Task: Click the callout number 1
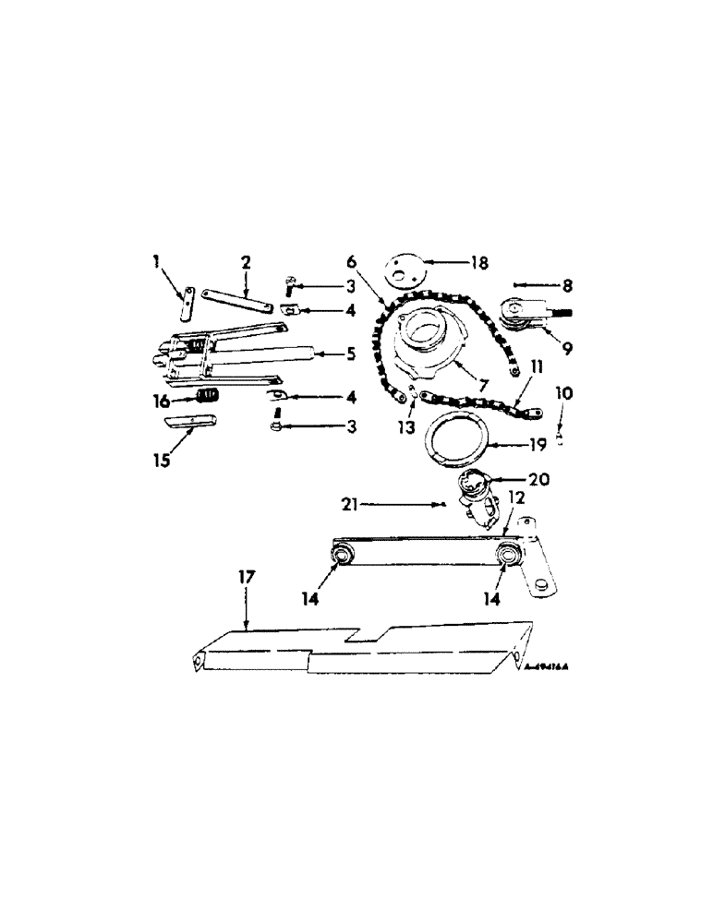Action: click(157, 264)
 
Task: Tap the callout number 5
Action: click(339, 353)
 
